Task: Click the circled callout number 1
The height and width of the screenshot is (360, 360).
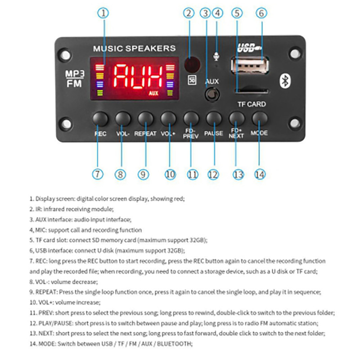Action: click(x=104, y=13)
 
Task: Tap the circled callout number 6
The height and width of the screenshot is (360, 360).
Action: click(x=260, y=13)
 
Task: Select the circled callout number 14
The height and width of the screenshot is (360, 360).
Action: click(x=260, y=174)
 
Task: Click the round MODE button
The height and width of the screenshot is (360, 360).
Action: click(x=260, y=119)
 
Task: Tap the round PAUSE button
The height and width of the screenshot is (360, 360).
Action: click(x=213, y=119)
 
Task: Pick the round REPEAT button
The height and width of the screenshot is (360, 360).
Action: click(x=145, y=119)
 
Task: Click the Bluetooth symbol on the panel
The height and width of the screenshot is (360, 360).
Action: click(x=284, y=81)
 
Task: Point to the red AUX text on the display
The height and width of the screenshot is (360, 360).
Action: click(x=154, y=94)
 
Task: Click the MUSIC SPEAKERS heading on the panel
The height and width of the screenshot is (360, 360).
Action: click(x=134, y=48)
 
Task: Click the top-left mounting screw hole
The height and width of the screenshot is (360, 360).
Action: click(x=66, y=54)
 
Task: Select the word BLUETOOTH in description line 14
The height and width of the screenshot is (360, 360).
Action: click(x=174, y=343)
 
